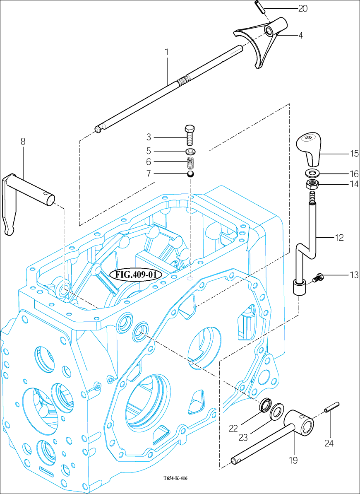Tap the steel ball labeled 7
coord(190,176)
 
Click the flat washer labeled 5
coord(190,151)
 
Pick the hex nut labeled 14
coord(312,184)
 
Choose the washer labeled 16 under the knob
coord(312,172)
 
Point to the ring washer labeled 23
coord(276,412)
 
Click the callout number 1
coord(167,52)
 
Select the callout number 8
coord(23,142)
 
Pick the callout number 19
coord(293,460)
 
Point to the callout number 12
coord(339,238)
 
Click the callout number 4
coord(301,36)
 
